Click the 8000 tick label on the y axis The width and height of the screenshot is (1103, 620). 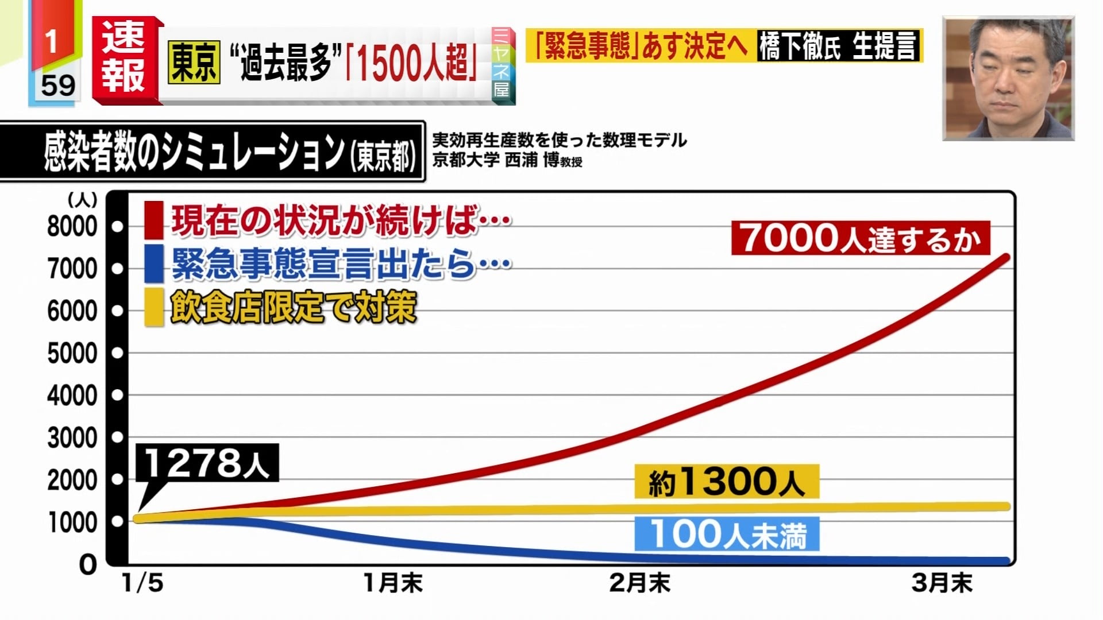click(x=72, y=227)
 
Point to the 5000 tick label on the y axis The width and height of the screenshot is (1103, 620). click(x=72, y=353)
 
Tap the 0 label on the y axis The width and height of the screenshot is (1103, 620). click(x=88, y=565)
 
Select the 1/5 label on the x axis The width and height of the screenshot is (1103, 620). click(x=142, y=583)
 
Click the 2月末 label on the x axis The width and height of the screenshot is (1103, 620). click(x=639, y=583)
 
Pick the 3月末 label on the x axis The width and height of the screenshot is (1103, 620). click(x=942, y=583)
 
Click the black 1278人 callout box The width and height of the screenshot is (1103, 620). click(x=207, y=463)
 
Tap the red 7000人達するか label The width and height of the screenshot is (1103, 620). click(x=860, y=238)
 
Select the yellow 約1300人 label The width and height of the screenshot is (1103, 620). click(x=726, y=482)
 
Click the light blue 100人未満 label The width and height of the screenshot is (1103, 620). click(x=727, y=534)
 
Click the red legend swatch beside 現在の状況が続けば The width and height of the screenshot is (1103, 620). click(x=153, y=220)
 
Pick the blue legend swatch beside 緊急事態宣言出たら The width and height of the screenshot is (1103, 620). click(x=153, y=263)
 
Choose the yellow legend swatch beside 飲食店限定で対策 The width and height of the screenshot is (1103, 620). click(x=153, y=307)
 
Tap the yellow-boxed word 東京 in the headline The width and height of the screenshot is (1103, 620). click(x=194, y=63)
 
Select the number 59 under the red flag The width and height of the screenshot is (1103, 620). click(x=57, y=86)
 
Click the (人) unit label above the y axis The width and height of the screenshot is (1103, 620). click(x=83, y=200)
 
